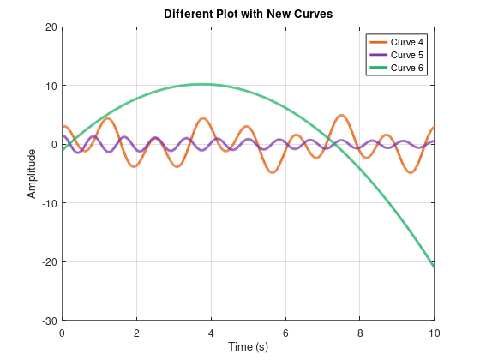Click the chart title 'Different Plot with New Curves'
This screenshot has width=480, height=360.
248,14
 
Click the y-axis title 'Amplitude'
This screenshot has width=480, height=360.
32,174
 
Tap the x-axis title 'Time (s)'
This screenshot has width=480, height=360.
248,346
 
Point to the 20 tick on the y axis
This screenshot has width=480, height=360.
51,27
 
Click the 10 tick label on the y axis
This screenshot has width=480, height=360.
51,86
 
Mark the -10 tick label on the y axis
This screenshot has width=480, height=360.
49,203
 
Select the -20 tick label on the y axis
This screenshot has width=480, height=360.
49,261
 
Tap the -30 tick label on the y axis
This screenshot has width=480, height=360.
49,321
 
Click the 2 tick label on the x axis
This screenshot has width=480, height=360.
136,332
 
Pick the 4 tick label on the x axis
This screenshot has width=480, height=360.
211,332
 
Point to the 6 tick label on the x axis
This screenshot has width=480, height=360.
285,332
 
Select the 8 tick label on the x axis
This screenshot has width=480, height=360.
360,332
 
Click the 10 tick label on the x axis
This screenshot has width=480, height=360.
434,332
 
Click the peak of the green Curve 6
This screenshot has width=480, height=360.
201,84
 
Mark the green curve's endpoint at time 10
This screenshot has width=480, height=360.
434,267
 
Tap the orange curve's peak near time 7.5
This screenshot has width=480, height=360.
341,115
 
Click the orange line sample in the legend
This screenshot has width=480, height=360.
377,42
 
